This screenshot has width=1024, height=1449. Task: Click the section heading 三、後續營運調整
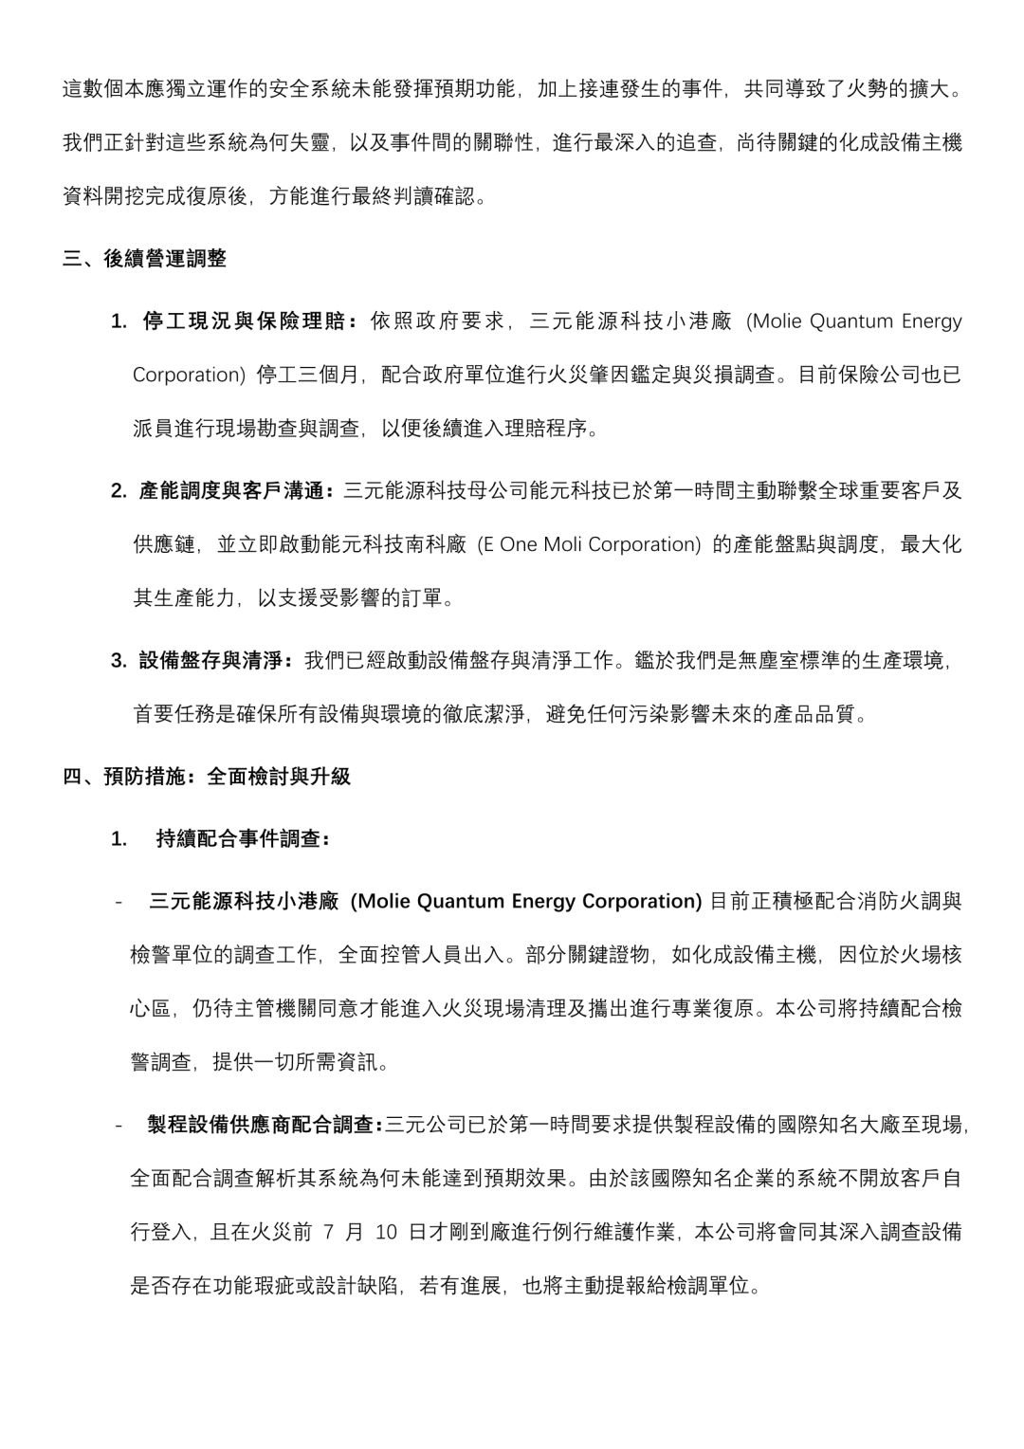144,259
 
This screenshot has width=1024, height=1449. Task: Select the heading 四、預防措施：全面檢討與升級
207,777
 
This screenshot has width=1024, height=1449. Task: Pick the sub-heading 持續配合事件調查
242,838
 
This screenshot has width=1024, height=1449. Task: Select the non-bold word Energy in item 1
931,321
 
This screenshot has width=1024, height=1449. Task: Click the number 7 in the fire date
328,1233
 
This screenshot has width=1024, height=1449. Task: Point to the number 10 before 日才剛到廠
386,1233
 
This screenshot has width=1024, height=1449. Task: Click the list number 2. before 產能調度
119,491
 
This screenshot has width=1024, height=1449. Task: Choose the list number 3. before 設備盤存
119,660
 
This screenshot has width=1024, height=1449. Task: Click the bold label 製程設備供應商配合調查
263,1126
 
